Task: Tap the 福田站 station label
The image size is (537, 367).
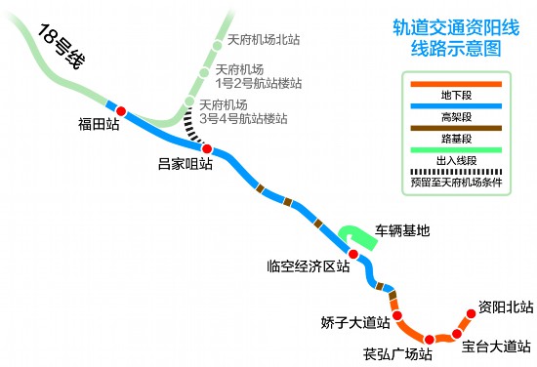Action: click(100, 126)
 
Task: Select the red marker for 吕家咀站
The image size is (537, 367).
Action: click(206, 147)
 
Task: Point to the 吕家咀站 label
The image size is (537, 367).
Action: click(185, 164)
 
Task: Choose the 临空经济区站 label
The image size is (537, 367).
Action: click(308, 265)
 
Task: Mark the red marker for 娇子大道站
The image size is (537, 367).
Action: click(397, 316)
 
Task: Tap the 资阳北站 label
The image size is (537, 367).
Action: click(506, 307)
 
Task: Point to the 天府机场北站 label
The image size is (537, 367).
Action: click(263, 41)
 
